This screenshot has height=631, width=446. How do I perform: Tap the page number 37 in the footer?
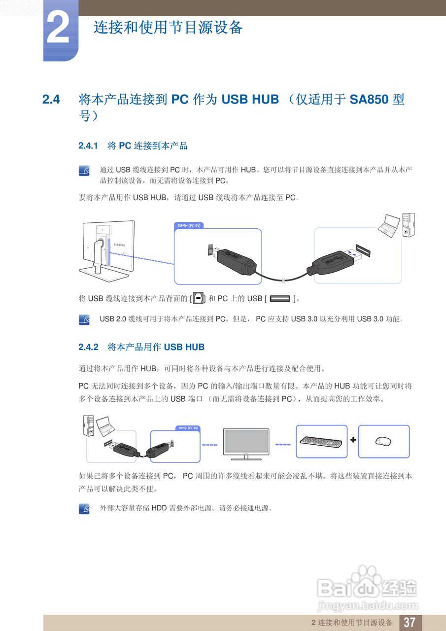tap(410, 622)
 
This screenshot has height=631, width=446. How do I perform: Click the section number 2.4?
tap(51, 100)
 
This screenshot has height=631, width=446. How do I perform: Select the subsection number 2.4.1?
tap(89, 146)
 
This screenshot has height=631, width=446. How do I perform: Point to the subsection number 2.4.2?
tap(89, 347)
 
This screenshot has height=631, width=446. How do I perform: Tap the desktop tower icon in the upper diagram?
tap(408, 225)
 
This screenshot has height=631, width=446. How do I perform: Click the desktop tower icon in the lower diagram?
tap(89, 425)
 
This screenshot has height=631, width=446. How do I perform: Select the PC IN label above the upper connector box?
tap(189, 226)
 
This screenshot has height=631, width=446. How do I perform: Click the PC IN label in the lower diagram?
tap(190, 427)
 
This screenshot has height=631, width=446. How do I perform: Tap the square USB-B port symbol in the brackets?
tap(198, 299)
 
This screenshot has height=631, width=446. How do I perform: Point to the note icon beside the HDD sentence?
tap(84, 508)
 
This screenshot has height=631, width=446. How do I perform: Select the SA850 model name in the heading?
tap(369, 100)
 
